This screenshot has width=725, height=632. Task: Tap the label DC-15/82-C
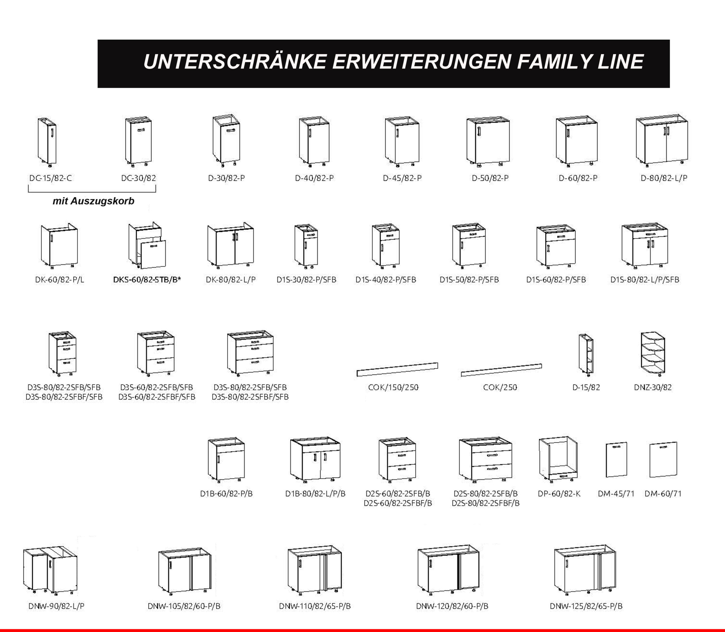[50, 178]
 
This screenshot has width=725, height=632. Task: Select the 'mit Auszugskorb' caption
[93, 201]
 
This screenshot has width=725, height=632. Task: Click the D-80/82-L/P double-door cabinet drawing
[662, 141]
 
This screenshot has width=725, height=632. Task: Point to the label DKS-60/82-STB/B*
[147, 280]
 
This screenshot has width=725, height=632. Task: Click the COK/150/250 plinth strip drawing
[397, 369]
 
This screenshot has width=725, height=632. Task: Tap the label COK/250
[500, 387]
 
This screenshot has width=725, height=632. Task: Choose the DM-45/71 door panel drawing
[616, 459]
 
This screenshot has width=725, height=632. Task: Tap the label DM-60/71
[663, 494]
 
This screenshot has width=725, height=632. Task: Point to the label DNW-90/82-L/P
[56, 606]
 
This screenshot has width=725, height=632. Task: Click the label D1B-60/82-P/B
[227, 494]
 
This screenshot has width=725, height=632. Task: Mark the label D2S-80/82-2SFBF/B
[485, 503]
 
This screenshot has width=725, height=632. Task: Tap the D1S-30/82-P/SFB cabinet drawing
[306, 245]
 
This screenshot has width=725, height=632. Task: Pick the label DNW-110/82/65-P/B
[315, 606]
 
